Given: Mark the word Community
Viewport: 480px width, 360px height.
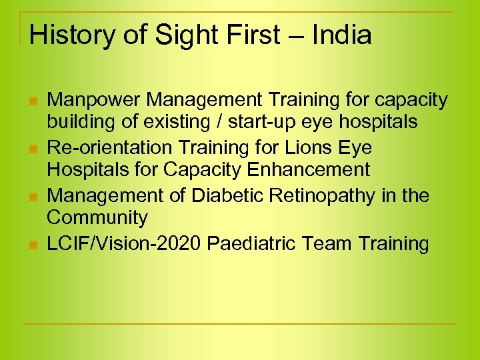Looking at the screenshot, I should coord(97,218).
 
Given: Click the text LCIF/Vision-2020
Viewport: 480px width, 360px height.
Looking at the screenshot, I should coord(124,243).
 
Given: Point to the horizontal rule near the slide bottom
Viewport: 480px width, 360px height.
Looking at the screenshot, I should coord(240,324).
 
